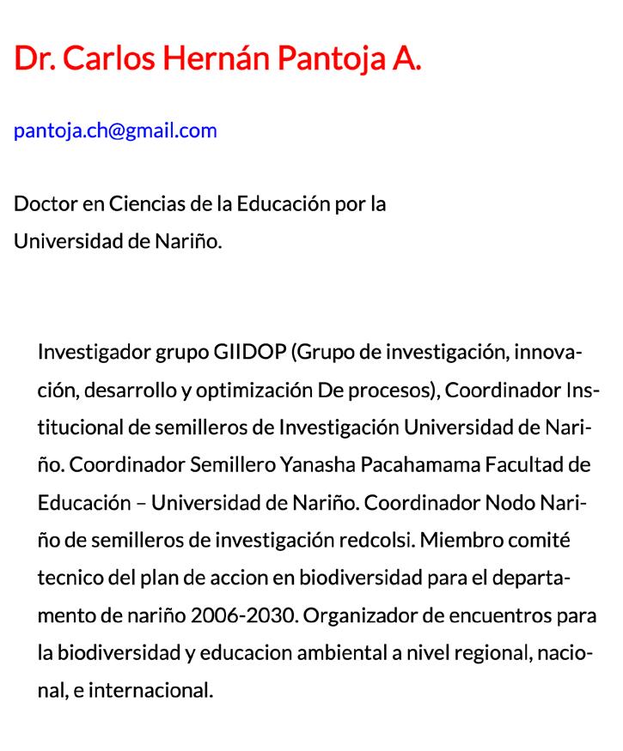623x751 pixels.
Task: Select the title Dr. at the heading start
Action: click(x=34, y=58)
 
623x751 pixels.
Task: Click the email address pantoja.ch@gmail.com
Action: click(x=115, y=130)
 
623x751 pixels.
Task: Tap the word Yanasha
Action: click(x=315, y=464)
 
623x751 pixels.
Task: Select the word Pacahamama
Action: click(x=420, y=464)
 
